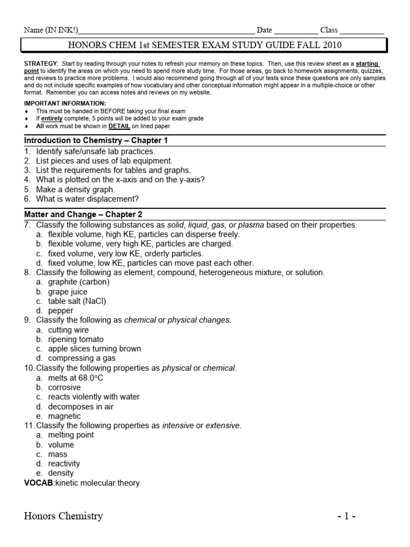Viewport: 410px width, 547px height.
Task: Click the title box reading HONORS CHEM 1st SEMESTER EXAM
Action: coord(205,45)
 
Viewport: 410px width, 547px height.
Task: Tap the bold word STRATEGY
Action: coord(41,64)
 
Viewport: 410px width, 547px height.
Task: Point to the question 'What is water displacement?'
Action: coord(87,199)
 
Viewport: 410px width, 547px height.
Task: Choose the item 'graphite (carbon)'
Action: coord(78,282)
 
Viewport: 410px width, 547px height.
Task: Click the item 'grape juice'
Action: coord(68,292)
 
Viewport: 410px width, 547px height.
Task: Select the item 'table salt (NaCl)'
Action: coord(77,301)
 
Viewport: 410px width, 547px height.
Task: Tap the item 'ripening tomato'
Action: coord(76,339)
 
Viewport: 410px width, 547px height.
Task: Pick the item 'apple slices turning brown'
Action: coord(94,349)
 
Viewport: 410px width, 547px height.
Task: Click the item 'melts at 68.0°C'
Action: coord(75,378)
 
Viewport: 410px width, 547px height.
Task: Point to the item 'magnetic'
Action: coord(65,416)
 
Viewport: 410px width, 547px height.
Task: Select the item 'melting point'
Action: coord(71,435)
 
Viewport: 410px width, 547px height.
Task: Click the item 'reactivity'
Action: coord(64,464)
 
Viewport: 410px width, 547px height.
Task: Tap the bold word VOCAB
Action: coord(38,483)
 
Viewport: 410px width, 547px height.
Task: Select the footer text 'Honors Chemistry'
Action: coord(64,516)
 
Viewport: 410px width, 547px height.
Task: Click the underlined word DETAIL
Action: coord(120,127)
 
